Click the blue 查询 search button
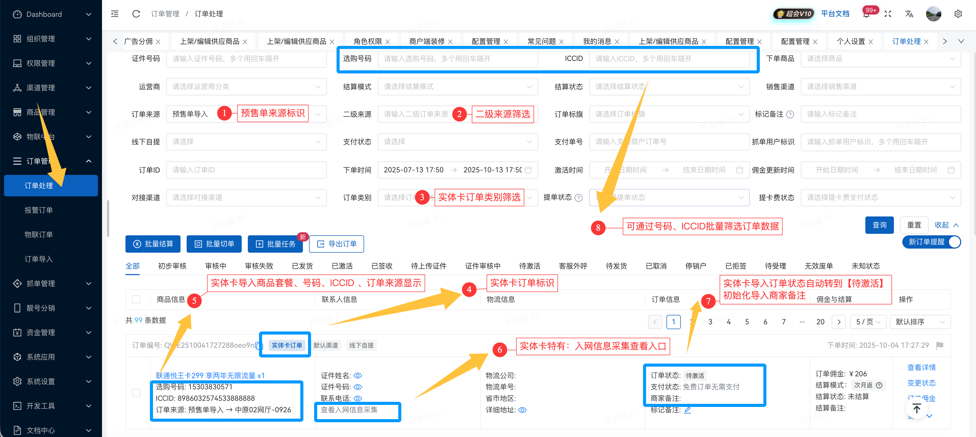point(879,225)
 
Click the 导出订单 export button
point(337,244)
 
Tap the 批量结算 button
point(153,244)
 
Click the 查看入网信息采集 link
point(349,410)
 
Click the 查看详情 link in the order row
point(921,367)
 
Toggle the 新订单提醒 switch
point(954,242)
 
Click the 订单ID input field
point(246,170)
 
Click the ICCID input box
point(669,59)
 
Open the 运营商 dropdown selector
point(246,87)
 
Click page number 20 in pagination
point(820,322)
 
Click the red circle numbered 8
point(598,227)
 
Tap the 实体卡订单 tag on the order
point(287,345)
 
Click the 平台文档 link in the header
point(835,14)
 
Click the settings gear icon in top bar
point(958,14)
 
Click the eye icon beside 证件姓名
point(358,376)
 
